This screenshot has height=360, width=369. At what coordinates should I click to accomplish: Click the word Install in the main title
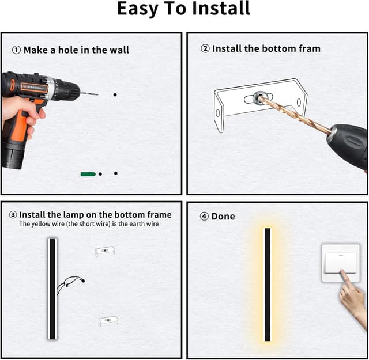click(x=221, y=9)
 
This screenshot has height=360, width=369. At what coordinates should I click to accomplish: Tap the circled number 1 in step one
click(x=16, y=50)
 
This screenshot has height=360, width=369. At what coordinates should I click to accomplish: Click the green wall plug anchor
click(x=88, y=174)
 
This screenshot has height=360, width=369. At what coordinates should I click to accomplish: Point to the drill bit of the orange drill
click(x=89, y=94)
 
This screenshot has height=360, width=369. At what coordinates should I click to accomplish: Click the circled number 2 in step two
click(x=205, y=49)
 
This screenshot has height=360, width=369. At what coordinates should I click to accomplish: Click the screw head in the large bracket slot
click(x=258, y=97)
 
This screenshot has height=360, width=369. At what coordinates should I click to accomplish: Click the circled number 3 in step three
click(x=13, y=215)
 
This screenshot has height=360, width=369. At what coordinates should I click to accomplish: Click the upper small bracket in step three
click(x=105, y=251)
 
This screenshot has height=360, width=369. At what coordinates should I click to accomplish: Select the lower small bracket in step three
click(x=108, y=321)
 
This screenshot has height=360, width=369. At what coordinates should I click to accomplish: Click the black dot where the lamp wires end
click(x=83, y=281)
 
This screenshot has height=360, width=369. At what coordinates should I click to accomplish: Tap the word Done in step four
click(x=223, y=217)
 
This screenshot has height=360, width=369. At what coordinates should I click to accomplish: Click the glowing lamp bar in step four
click(x=268, y=285)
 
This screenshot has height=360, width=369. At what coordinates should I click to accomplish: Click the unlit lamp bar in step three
click(x=52, y=289)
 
